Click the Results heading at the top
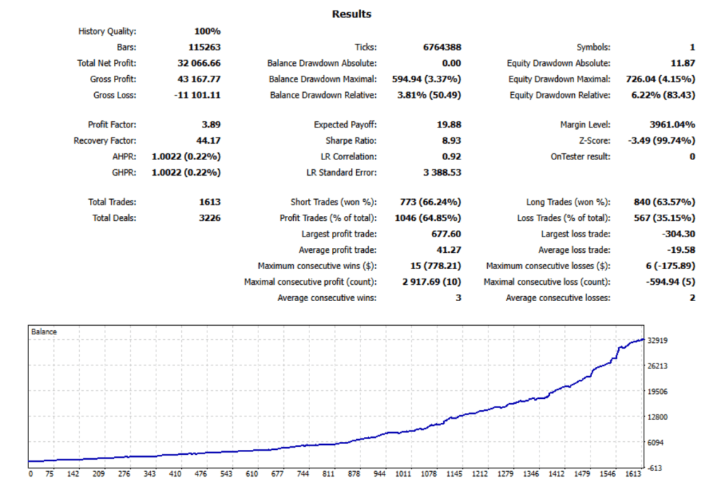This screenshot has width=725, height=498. (x=351, y=14)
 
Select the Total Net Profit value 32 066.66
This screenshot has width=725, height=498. (x=198, y=63)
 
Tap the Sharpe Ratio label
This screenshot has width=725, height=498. (x=349, y=140)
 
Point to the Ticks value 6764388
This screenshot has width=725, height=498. (x=442, y=47)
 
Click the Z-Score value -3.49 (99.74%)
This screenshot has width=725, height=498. (x=661, y=140)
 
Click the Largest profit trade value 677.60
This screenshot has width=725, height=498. (x=447, y=234)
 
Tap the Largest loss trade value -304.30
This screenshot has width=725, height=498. (x=677, y=234)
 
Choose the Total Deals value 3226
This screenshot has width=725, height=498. (x=210, y=218)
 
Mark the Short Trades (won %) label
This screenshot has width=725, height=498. (x=333, y=203)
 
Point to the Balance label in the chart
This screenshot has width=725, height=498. (x=44, y=331)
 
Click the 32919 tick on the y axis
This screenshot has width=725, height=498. (x=659, y=341)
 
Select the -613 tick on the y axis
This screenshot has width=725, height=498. (x=656, y=468)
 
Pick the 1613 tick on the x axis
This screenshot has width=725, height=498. (x=632, y=475)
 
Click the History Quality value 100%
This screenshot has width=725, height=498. (x=207, y=31)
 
